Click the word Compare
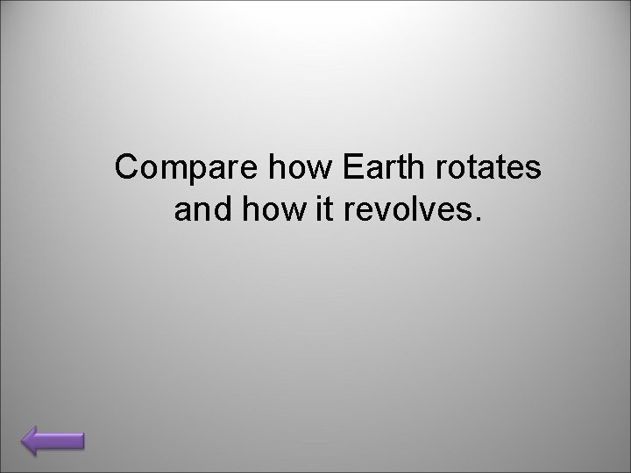[167, 168]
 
